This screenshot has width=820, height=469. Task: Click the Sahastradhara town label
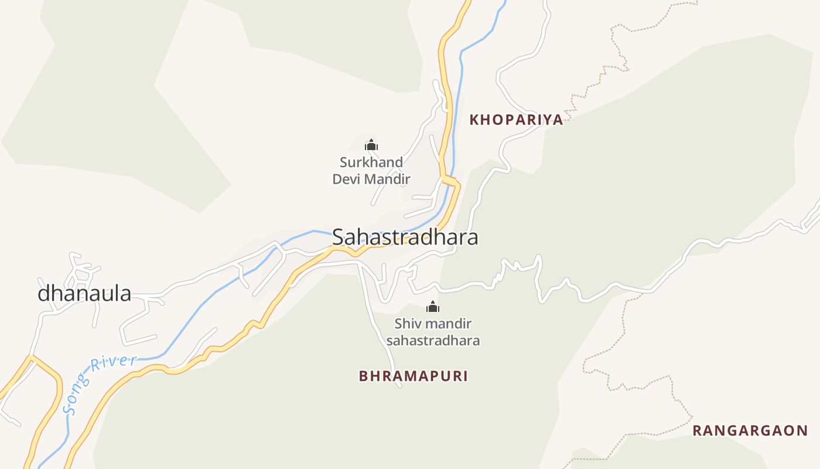click(405, 237)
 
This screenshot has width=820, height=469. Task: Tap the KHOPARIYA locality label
click(516, 120)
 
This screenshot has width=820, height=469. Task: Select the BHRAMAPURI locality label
click(414, 376)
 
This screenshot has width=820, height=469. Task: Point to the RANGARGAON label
click(750, 431)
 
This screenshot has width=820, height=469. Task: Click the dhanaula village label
click(84, 293)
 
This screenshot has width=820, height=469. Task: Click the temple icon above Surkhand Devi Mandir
click(371, 145)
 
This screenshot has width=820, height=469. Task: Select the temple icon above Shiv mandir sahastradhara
click(432, 307)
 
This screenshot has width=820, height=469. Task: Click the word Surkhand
click(371, 162)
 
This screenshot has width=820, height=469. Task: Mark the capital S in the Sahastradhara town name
click(339, 237)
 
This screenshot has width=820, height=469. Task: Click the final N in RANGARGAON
click(802, 431)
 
